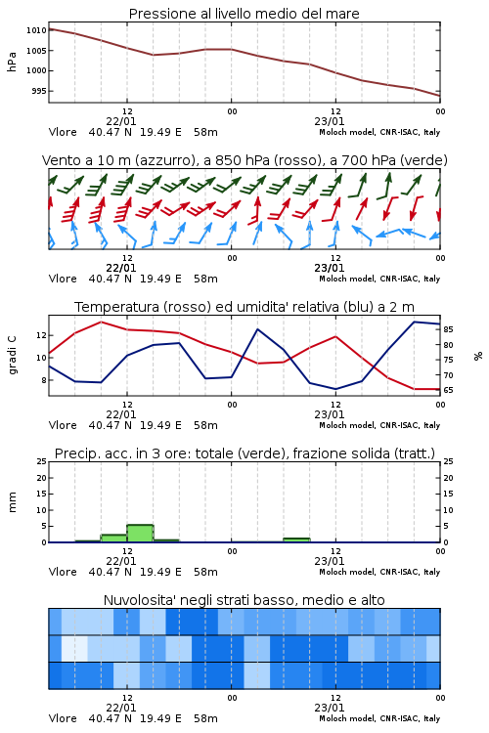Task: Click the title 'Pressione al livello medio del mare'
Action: click(244, 14)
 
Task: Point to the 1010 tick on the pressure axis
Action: click(36, 30)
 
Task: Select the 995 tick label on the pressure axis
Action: click(39, 91)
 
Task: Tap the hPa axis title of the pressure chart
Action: click(12, 62)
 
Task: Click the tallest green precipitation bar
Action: click(141, 534)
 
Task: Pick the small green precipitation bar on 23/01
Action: click(296, 539)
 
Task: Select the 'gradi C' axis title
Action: click(12, 355)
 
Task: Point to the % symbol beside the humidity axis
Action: click(478, 356)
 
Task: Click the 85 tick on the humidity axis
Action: click(448, 329)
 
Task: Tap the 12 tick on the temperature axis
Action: click(41, 335)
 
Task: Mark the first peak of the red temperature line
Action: click(102, 323)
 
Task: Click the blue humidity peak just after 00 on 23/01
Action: click(258, 329)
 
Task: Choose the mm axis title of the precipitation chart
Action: click(12, 502)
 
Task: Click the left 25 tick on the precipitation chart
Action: click(42, 461)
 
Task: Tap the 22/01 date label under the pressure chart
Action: click(121, 121)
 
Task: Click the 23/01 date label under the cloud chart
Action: click(330, 708)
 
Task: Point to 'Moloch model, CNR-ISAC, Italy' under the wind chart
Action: click(379, 279)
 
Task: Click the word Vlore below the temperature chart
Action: click(63, 425)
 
